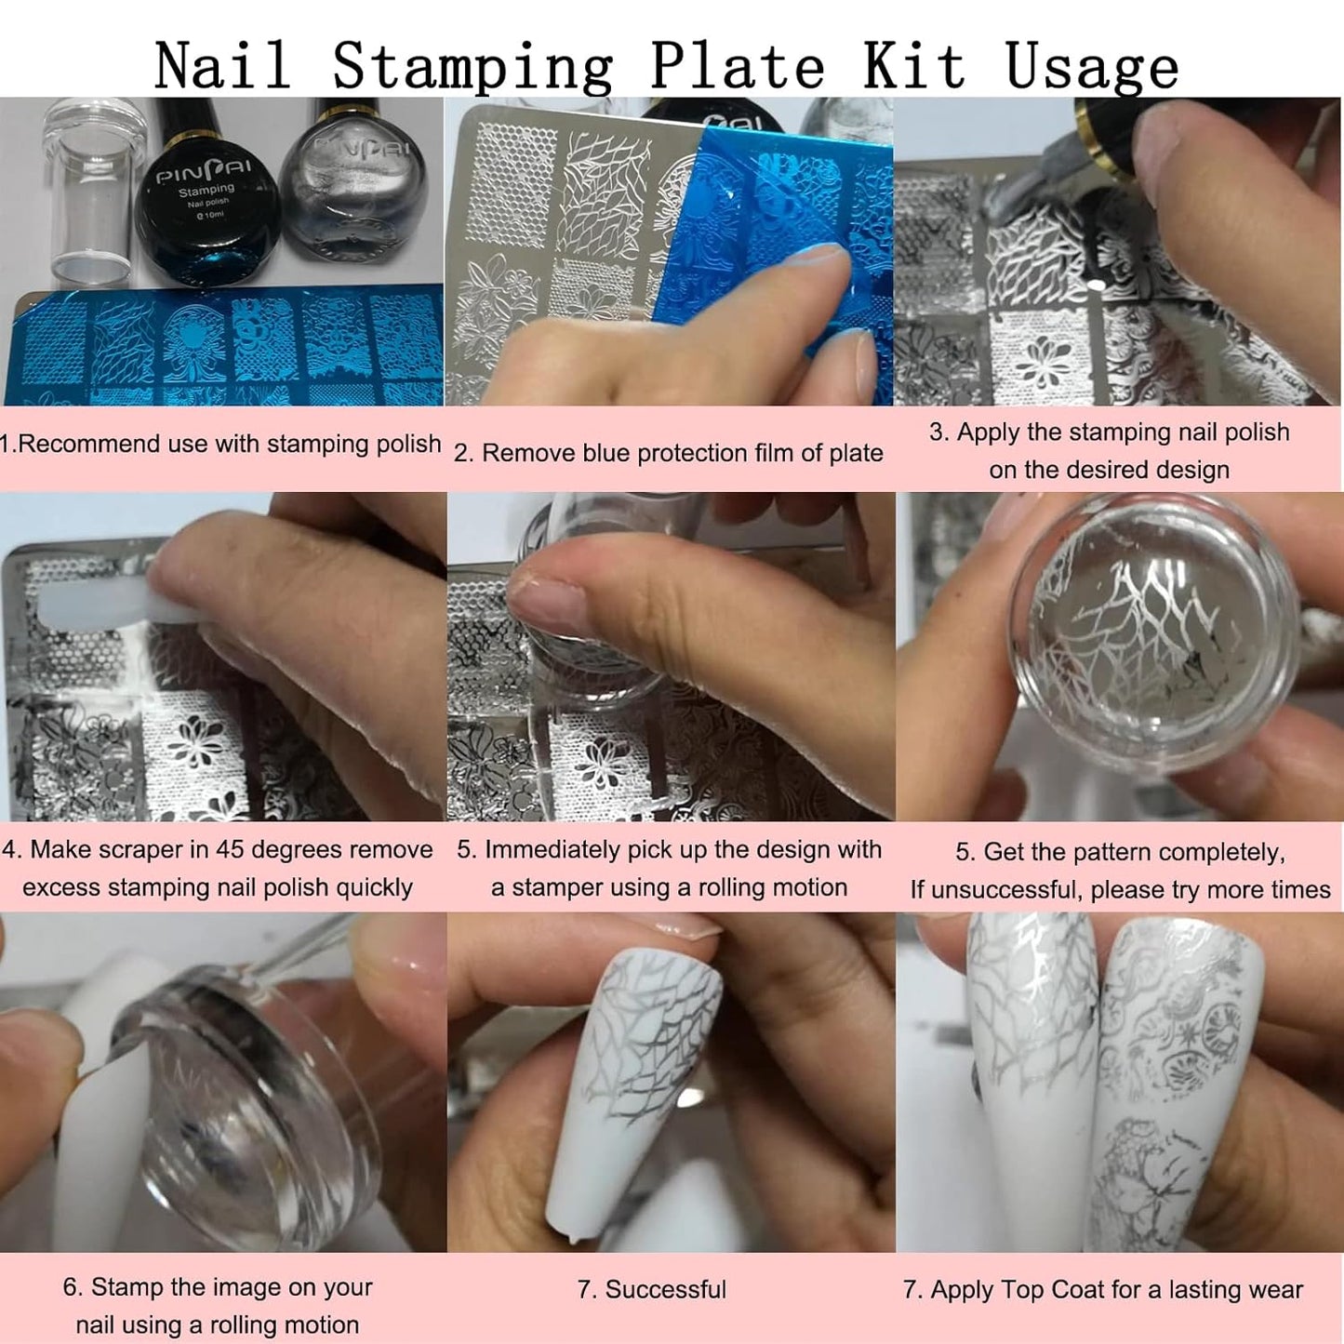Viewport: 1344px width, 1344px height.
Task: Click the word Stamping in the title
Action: (x=472, y=67)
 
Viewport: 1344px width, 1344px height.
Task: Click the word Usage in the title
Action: (x=1092, y=67)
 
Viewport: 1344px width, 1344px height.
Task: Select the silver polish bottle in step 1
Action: (x=353, y=195)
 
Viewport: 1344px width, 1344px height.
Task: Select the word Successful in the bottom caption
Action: (x=665, y=1290)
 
